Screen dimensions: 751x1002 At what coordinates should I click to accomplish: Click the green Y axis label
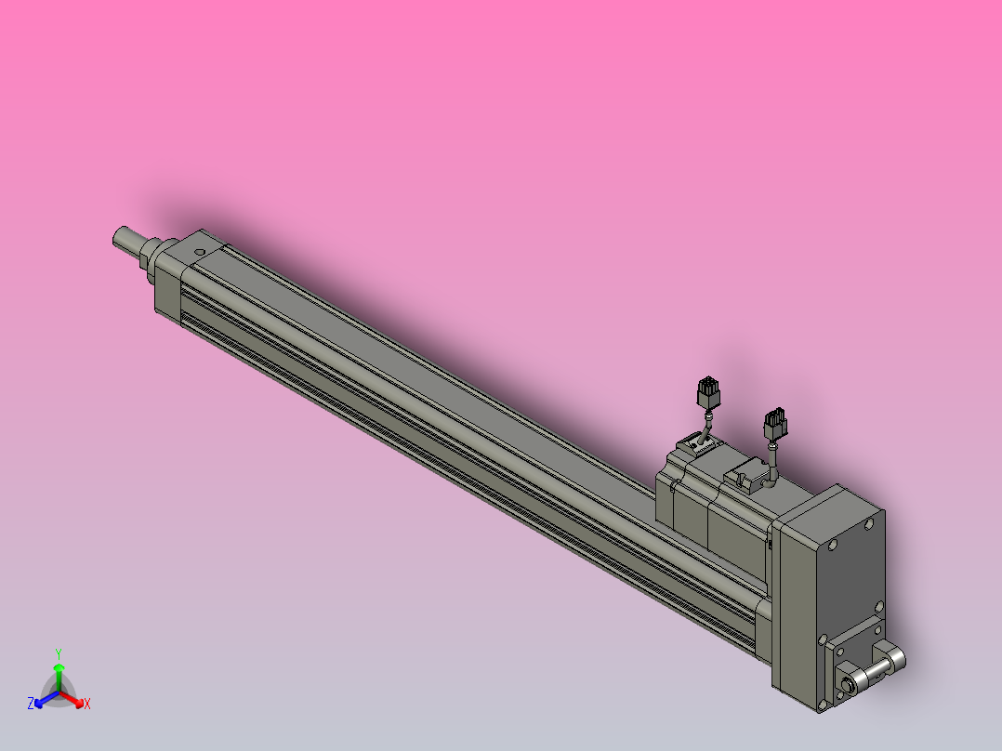pos(59,652)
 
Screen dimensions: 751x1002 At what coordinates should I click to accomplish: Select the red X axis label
pos(87,705)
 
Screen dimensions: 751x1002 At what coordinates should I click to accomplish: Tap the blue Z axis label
pos(31,705)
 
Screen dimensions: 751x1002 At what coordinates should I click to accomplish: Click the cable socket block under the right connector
pos(748,475)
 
